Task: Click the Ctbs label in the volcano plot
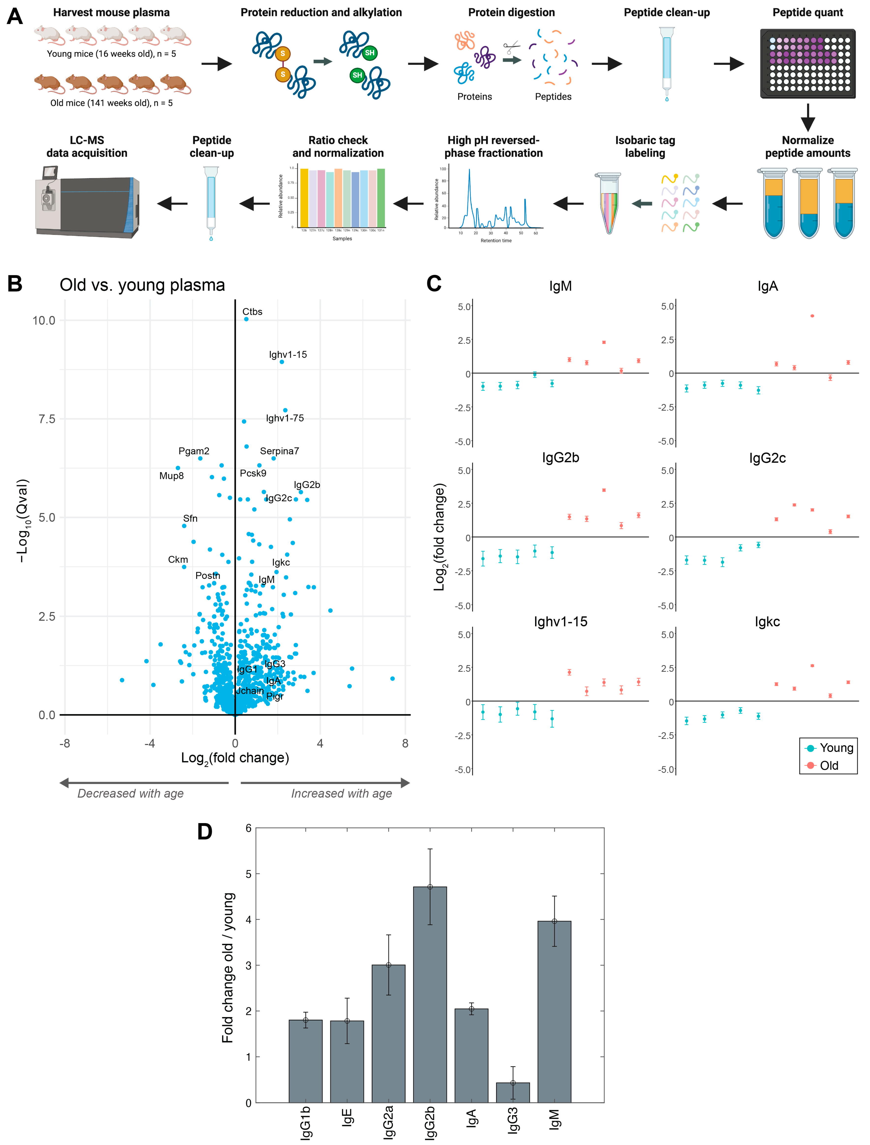(252, 312)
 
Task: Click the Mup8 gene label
(171, 476)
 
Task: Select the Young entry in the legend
(830, 748)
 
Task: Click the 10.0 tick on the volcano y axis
(44, 320)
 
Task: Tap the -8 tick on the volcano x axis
(65, 743)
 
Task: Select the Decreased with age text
(131, 794)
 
